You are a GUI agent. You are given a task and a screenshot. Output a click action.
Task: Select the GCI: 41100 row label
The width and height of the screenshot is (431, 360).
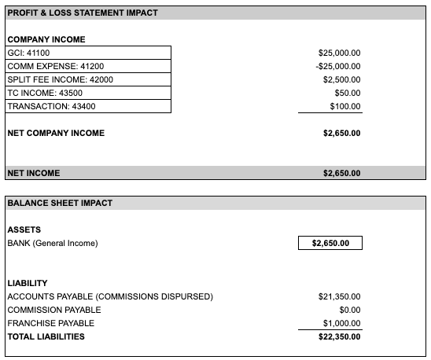pos(28,53)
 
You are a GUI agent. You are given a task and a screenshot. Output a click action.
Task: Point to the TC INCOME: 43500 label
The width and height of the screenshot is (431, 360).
pos(44,93)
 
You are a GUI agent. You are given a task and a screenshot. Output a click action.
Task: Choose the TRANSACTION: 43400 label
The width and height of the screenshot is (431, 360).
pos(47,106)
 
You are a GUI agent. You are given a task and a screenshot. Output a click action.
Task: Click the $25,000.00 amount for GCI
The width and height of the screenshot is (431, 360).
pos(339,53)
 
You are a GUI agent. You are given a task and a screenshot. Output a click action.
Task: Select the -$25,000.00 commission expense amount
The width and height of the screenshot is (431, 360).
pos(338,66)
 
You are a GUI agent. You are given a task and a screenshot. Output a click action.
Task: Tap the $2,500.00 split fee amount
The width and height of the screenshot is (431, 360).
pos(342,79)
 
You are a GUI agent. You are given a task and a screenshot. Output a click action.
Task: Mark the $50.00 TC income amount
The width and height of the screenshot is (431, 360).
pos(348,93)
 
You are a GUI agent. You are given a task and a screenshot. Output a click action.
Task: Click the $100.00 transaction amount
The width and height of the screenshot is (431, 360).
pos(345,106)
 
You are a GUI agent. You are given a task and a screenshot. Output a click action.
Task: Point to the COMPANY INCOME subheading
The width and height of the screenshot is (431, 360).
pos(46,39)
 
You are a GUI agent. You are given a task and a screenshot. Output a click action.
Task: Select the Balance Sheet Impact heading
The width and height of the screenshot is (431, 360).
pos(60,203)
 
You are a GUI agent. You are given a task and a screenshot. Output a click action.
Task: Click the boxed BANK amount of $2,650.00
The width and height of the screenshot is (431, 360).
pos(331,244)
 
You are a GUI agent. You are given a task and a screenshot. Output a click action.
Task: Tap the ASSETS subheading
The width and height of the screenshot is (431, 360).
pos(24,230)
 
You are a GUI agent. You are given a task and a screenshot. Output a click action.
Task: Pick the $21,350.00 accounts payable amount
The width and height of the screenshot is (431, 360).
pos(339,296)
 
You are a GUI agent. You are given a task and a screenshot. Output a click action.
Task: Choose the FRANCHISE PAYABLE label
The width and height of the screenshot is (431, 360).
pos(50,323)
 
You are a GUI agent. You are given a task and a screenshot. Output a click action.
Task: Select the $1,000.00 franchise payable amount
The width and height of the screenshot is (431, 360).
pos(342,323)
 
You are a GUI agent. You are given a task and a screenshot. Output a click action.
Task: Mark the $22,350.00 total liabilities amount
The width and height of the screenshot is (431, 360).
pos(339,336)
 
